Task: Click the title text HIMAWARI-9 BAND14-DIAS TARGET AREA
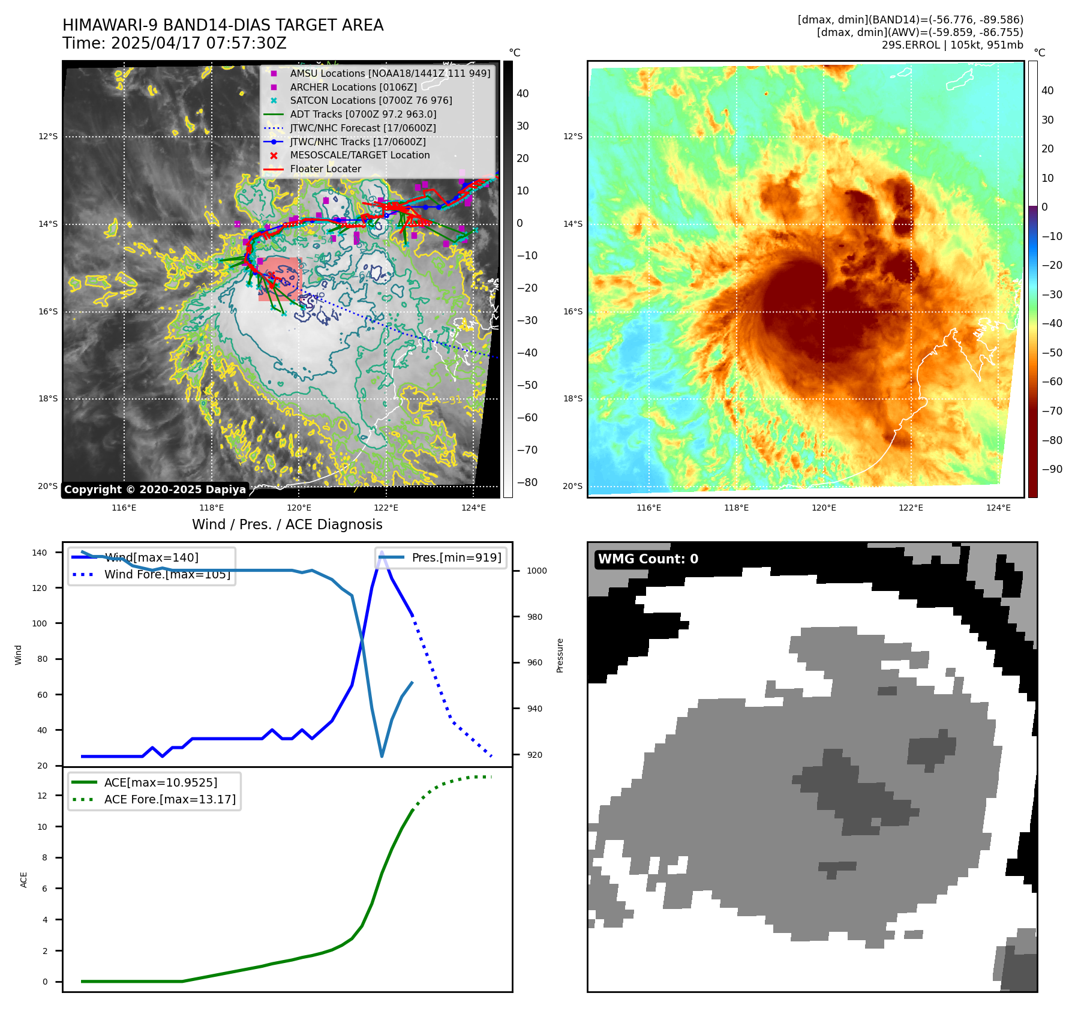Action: pyautogui.click(x=223, y=25)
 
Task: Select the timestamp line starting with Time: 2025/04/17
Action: pyautogui.click(x=175, y=43)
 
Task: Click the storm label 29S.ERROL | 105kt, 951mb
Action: pyautogui.click(x=952, y=45)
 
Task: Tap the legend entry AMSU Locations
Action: pyautogui.click(x=390, y=73)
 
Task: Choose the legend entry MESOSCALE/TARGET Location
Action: pyautogui.click(x=360, y=155)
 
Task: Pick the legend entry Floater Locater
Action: pyautogui.click(x=326, y=169)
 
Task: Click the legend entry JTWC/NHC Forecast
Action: pyautogui.click(x=363, y=128)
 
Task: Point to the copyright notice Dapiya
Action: pyautogui.click(x=155, y=490)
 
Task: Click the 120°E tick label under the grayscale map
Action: pyautogui.click(x=299, y=508)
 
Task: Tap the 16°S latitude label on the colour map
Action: pyautogui.click(x=572, y=311)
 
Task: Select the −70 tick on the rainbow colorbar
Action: pyautogui.click(x=1052, y=411)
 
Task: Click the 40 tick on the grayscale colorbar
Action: pyautogui.click(x=523, y=94)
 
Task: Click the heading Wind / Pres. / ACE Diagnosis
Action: pyautogui.click(x=287, y=524)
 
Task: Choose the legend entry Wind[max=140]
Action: pyautogui.click(x=151, y=557)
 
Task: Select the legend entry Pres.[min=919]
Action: pyautogui.click(x=457, y=557)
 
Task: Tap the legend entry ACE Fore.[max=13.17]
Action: pyautogui.click(x=170, y=799)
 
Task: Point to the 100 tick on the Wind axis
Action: pyautogui.click(x=39, y=623)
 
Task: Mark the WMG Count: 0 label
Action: pyautogui.click(x=648, y=559)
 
